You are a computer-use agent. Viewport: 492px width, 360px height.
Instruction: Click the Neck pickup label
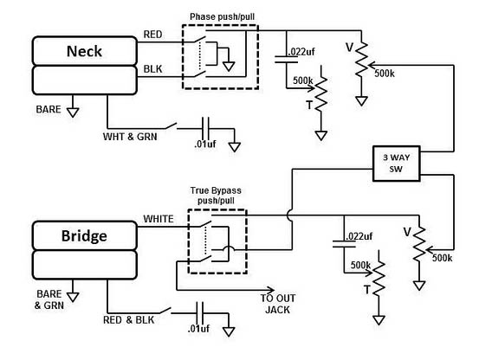(x=84, y=51)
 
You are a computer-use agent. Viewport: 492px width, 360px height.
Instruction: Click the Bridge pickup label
(x=84, y=236)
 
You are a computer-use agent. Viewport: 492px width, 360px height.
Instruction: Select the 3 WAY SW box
(x=397, y=164)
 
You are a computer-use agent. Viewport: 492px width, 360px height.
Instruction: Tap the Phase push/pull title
(x=222, y=16)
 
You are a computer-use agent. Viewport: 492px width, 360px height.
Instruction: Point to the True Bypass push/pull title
(x=216, y=196)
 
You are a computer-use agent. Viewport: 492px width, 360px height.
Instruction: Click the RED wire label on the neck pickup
(x=152, y=34)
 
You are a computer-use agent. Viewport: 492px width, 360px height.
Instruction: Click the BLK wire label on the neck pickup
(x=152, y=69)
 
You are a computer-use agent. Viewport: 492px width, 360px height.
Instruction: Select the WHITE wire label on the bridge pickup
(x=159, y=219)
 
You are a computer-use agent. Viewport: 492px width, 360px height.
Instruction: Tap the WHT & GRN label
(x=130, y=137)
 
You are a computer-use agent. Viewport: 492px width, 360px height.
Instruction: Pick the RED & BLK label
(x=129, y=320)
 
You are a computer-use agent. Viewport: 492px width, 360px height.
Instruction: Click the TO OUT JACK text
(x=278, y=304)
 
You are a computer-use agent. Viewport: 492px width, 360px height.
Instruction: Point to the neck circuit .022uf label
(x=301, y=52)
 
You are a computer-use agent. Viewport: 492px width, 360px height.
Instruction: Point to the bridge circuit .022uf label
(x=359, y=236)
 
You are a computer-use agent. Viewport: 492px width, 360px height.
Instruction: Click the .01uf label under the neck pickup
(x=205, y=145)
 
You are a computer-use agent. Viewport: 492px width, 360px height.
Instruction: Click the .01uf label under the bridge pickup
(x=199, y=329)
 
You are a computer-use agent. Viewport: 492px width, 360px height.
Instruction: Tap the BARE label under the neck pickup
(x=49, y=109)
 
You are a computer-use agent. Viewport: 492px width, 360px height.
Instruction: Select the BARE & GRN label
(x=49, y=299)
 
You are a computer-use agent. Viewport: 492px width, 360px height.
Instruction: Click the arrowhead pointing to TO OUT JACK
(x=270, y=290)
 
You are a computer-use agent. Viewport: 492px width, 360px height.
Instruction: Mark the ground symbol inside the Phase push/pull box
(x=229, y=67)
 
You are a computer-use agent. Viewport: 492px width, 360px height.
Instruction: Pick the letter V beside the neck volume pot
(x=350, y=48)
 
